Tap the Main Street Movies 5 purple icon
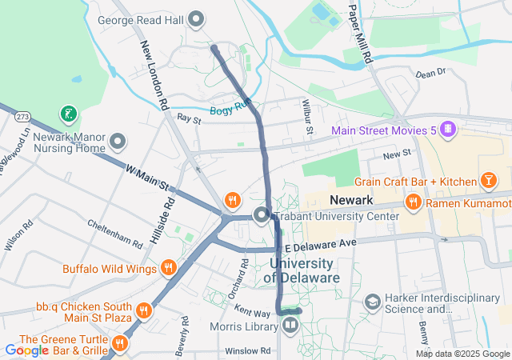[449, 129]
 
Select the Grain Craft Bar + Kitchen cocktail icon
[486, 182]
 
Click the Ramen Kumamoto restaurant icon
[414, 203]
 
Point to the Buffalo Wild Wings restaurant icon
[169, 268]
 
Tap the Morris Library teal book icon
[289, 326]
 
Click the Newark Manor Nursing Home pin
[118, 142]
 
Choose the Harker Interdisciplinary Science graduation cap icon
[372, 302]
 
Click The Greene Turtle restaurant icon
[120, 344]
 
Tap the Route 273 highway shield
[22, 117]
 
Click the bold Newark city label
[351, 198]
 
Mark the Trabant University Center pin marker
[262, 215]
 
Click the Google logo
[26, 350]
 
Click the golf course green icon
[70, 114]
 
